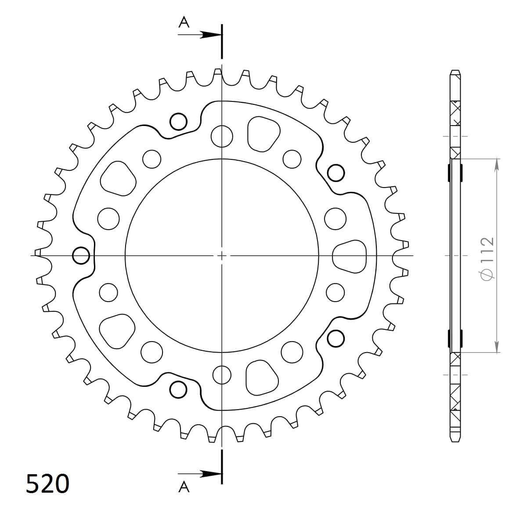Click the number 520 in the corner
coord(48,483)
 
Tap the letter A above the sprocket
coord(184,22)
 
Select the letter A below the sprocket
coord(184,487)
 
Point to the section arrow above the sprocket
coord(200,34)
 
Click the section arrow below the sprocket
coord(200,474)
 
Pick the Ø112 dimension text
coord(488,259)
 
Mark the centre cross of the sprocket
coord(222,256)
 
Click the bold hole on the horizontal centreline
coord(81,256)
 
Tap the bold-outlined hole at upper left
coord(178,122)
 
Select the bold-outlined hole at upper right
coord(336,173)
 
